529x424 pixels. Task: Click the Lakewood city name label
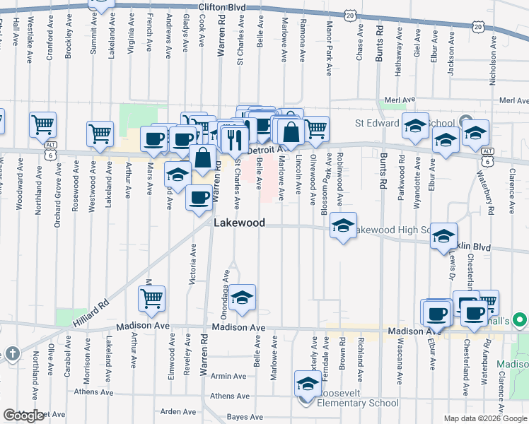(x=240, y=223)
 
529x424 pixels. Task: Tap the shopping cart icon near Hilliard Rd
(x=151, y=300)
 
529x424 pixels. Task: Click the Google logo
(x=24, y=416)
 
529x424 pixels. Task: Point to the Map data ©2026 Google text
(x=485, y=418)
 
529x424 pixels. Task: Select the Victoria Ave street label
(x=192, y=264)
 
